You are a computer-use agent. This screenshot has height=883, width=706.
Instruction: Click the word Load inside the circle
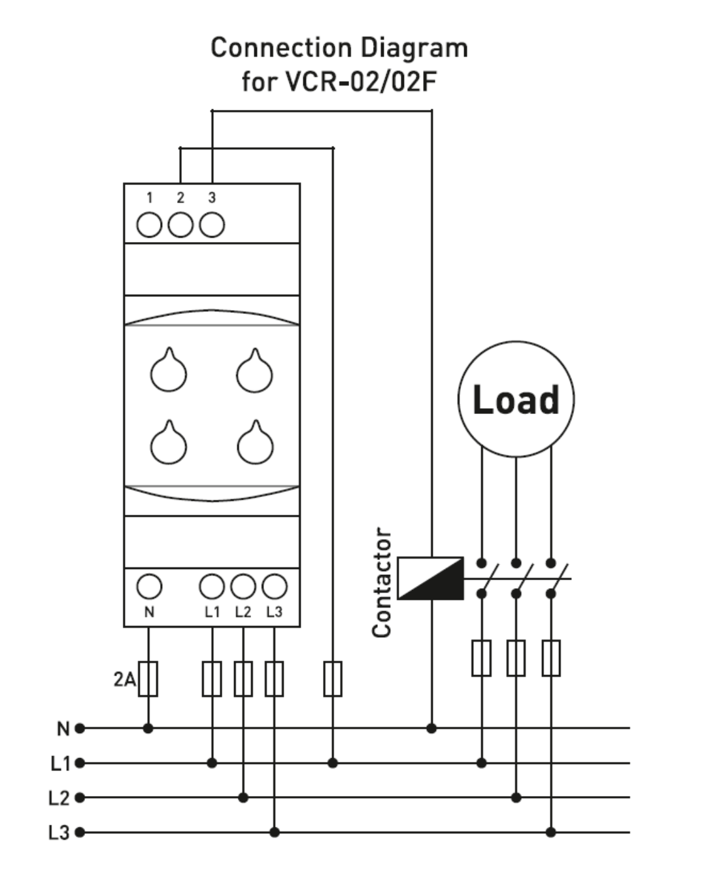tap(516, 399)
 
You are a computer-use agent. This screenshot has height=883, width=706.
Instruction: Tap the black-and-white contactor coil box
tap(431, 578)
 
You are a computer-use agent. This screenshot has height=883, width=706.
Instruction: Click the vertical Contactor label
tap(381, 582)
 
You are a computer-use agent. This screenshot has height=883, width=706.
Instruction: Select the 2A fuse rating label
tap(124, 680)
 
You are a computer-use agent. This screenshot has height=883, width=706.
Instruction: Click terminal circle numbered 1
tap(149, 225)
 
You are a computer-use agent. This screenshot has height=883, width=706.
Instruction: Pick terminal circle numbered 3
tap(212, 225)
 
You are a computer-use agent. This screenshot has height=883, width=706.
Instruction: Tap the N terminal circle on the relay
tap(149, 586)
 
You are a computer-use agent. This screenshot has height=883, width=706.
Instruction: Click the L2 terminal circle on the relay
tap(243, 586)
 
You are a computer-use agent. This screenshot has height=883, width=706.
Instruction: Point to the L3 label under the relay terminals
tap(274, 612)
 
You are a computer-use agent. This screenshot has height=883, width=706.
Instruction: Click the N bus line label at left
tap(63, 729)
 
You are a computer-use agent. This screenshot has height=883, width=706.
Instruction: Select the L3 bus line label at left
tap(59, 833)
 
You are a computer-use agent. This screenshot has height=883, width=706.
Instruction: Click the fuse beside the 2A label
tap(148, 679)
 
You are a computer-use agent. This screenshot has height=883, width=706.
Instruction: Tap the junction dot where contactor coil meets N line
tap(431, 728)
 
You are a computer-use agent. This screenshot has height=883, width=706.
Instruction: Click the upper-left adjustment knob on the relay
tap(168, 370)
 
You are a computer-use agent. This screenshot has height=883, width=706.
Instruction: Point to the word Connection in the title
tap(281, 48)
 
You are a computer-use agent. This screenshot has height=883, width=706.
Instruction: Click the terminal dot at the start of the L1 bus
tap(80, 763)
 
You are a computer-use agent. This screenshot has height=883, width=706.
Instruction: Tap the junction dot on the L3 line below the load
tap(551, 832)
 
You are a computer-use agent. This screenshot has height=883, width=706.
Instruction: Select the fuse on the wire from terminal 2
tap(333, 679)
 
